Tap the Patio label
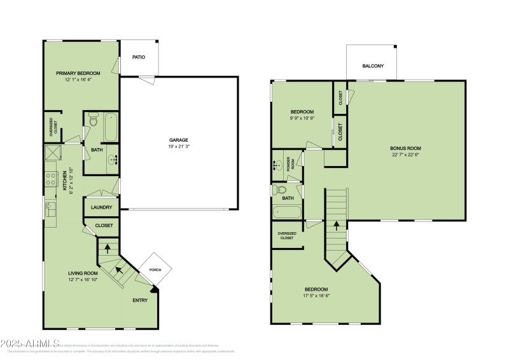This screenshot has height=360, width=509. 139,57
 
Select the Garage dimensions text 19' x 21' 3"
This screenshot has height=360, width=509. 179,146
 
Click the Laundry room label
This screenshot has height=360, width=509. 102,207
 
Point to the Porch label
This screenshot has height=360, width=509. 155,270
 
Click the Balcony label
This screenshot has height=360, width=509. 373,66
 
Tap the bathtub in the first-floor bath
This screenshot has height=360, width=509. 111,126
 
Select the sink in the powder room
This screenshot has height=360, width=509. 278,165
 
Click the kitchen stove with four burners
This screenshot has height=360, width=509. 50,179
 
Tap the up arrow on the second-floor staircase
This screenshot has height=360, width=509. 336,226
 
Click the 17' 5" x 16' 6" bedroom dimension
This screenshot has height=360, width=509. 316,295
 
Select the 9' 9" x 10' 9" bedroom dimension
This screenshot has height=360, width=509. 303,119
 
